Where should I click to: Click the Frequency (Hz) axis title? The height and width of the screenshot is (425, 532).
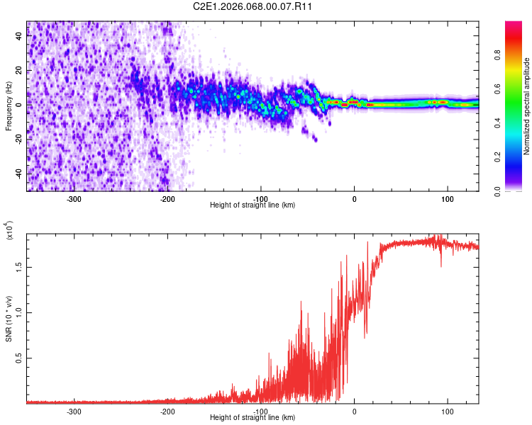pos(9,106)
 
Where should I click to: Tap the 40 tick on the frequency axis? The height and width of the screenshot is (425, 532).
pos(19,38)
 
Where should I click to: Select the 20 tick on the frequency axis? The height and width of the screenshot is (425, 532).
pos(19,72)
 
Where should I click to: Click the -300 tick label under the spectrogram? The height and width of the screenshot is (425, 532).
pos(74,199)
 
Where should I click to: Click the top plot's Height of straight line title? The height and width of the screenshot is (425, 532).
pos(253,205)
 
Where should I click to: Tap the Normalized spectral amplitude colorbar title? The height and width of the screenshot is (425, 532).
pos(527,106)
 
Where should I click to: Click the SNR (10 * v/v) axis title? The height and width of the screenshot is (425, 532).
pos(9,318)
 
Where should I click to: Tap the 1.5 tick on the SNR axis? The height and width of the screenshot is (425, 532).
pos(18,266)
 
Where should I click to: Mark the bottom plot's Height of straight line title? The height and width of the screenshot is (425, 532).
pos(253,417)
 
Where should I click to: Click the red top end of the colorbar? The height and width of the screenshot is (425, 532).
pos(514,25)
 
